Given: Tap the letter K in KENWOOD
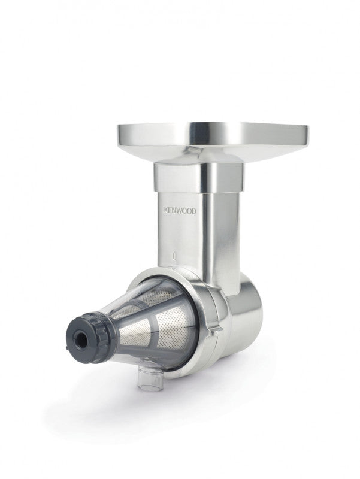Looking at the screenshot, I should (167, 210).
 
